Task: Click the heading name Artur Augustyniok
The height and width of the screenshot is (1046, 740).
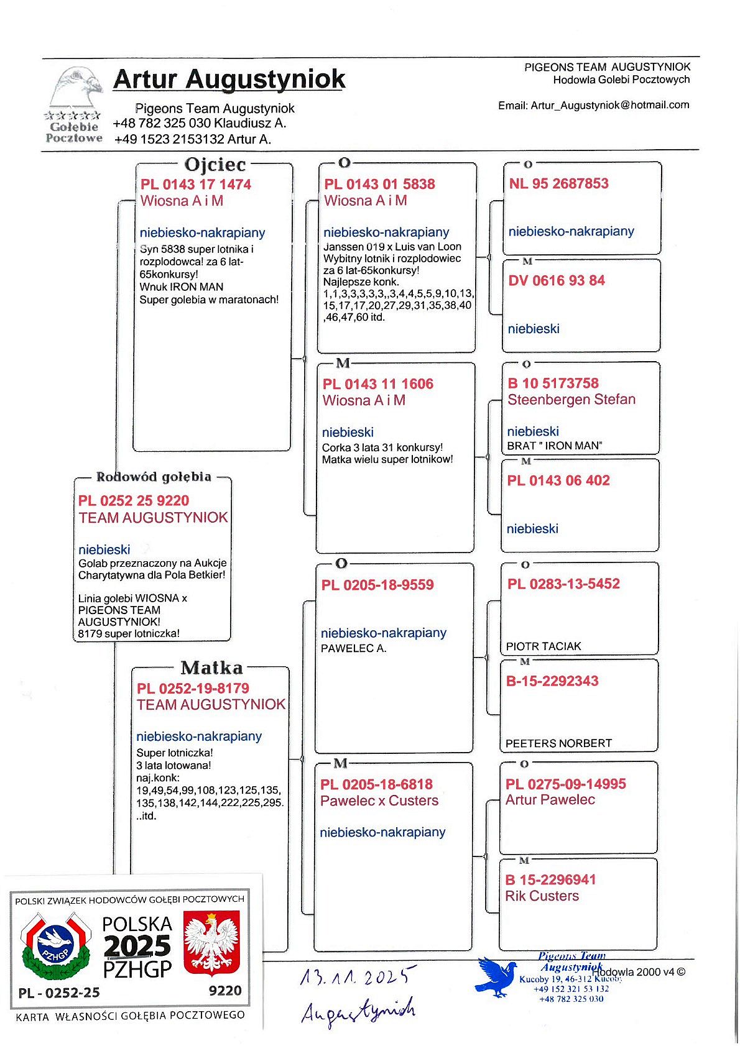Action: click(229, 80)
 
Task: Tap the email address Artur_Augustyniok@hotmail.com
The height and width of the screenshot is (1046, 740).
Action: click(609, 105)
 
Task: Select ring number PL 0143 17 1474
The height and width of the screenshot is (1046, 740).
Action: click(196, 185)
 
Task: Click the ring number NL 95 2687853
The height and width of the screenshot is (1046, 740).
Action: click(558, 183)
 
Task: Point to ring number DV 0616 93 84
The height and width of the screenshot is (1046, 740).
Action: click(557, 280)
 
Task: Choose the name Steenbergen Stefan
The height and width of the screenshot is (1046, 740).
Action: click(571, 400)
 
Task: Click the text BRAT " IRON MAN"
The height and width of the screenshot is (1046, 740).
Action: click(555, 446)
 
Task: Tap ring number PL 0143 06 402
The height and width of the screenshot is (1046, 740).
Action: click(558, 480)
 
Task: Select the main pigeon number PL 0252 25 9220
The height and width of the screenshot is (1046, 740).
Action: click(134, 501)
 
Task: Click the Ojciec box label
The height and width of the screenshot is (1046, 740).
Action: click(215, 165)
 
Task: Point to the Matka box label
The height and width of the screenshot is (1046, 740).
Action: click(211, 668)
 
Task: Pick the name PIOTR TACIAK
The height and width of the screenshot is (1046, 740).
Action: click(543, 646)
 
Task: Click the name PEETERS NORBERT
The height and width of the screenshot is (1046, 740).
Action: click(558, 743)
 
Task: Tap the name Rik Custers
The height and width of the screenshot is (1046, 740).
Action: click(542, 896)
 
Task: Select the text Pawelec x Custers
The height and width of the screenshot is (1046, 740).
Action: click(379, 801)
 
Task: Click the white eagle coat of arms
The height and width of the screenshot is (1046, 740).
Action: click(211, 943)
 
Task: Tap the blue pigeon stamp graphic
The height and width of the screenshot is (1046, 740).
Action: click(496, 976)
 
